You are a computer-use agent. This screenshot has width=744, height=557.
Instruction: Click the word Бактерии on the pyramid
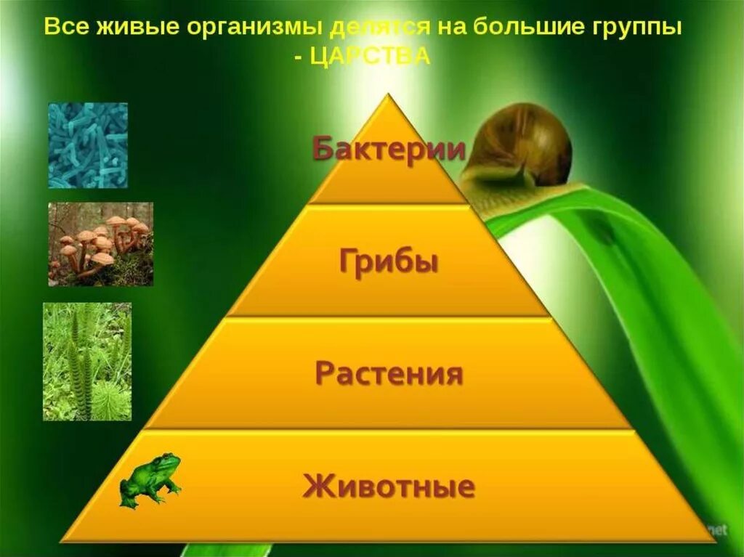pos(389,150)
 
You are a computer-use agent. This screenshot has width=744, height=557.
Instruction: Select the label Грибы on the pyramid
pos(389,261)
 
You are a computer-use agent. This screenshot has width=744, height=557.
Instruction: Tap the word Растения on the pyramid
pos(389,375)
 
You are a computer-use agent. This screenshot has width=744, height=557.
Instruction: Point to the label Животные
pos(389,486)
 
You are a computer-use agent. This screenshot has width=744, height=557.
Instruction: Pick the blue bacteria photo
pos(88,145)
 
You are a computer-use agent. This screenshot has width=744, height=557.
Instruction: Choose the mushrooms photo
pos(100,244)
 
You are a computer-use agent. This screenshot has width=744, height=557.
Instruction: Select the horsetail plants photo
pos(87,361)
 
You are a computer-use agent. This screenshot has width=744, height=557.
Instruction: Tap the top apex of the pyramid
pos(389,97)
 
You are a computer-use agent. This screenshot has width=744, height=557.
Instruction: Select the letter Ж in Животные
pos(314,486)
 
